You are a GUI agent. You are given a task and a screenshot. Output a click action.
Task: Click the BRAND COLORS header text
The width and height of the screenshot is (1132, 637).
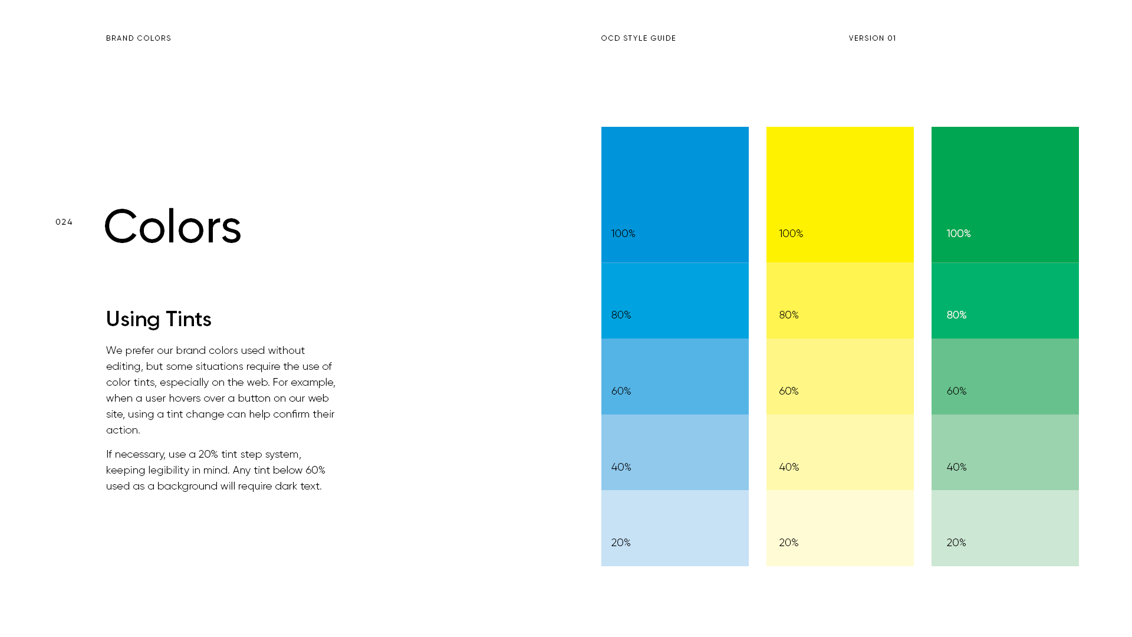139,38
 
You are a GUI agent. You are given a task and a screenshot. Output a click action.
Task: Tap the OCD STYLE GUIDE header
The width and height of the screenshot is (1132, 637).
638,38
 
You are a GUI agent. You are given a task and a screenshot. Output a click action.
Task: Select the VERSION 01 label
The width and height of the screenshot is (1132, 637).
872,38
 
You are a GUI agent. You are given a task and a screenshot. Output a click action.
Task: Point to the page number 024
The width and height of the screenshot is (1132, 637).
64,222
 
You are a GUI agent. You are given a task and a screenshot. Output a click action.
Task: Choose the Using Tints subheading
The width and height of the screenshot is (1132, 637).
159,319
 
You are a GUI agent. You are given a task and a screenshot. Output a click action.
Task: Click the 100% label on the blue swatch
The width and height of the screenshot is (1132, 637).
623,234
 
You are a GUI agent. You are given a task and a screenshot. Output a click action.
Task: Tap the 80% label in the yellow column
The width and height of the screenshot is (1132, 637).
789,315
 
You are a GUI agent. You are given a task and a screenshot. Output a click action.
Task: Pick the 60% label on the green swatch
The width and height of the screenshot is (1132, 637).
956,391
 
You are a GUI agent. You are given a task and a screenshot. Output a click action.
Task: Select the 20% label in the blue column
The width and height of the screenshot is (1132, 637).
621,543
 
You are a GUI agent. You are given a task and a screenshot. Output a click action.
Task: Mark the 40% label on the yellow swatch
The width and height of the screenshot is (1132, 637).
789,467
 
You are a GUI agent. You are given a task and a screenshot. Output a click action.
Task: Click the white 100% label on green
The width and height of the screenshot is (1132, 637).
959,234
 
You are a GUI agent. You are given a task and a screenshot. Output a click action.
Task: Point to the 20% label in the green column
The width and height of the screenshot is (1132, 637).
956,543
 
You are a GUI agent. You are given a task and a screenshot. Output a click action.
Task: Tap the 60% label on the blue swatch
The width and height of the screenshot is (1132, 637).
621,391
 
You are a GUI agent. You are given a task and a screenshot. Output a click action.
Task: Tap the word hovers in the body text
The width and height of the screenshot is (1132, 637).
185,398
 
